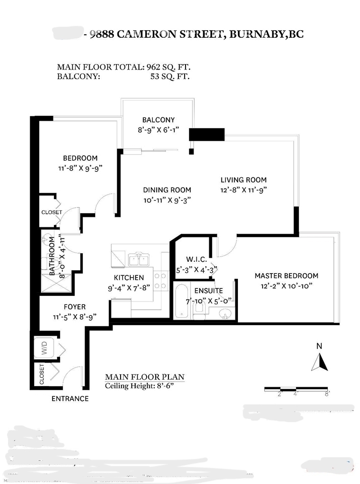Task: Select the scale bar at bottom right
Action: point(297,390)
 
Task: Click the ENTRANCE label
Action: point(70,399)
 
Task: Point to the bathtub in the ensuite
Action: point(182,301)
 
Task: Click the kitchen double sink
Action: point(138,260)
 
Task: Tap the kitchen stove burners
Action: point(160,281)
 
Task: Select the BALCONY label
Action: point(158,120)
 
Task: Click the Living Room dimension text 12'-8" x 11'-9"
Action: point(243,190)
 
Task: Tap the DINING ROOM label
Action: point(167,190)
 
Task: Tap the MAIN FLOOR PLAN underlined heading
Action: point(144,377)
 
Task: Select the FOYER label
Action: point(74,307)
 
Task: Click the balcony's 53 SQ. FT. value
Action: point(166,77)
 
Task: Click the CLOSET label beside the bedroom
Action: point(51,212)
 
